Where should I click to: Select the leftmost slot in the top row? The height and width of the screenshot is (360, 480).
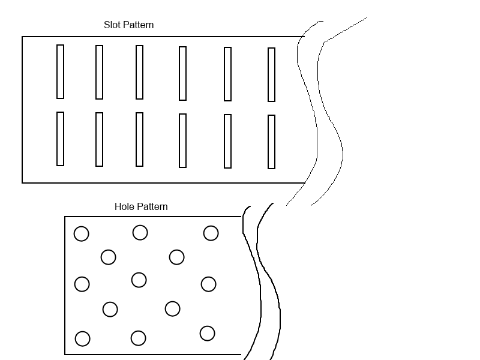click(x=60, y=71)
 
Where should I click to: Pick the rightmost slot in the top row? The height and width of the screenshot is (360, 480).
click(x=271, y=74)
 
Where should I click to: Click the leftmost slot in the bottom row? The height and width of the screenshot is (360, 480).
click(x=60, y=139)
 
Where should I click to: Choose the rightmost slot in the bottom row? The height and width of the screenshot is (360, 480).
click(x=271, y=142)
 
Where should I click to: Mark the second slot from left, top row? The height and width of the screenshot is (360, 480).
click(x=99, y=72)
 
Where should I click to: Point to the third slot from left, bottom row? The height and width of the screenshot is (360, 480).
click(x=139, y=139)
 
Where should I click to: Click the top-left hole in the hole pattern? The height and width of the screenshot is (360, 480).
click(x=81, y=234)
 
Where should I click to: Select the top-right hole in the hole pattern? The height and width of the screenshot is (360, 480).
click(x=211, y=233)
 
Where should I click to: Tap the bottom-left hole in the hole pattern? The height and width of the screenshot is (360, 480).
click(x=82, y=339)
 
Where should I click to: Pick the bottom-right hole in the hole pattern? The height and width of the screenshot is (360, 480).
click(x=207, y=333)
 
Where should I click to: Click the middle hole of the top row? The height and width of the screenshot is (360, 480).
click(x=140, y=232)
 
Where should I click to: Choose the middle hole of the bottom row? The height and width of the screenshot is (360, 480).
click(x=138, y=338)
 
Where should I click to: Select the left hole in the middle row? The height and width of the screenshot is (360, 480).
click(x=82, y=284)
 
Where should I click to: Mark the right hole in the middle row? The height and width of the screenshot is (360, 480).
click(x=208, y=284)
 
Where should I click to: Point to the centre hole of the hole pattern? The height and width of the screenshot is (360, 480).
click(x=139, y=280)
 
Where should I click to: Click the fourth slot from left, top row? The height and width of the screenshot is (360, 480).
click(x=182, y=73)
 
